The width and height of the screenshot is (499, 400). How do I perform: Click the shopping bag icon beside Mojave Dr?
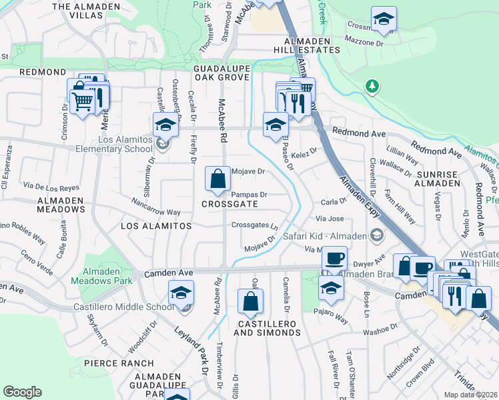point(217,179)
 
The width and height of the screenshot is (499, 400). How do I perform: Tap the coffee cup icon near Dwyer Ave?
point(334,257)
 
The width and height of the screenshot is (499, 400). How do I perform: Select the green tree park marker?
point(372,86)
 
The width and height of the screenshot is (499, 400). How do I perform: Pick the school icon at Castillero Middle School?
point(181,293)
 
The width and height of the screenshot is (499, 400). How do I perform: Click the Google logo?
point(22,392)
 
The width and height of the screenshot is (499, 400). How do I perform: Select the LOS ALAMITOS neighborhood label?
point(156,227)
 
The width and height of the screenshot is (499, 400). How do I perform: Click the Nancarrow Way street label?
point(156,211)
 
